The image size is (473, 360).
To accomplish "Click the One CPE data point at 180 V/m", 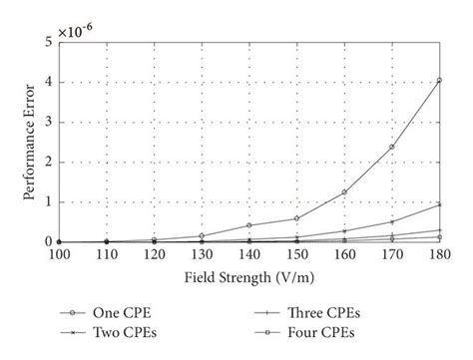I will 439,80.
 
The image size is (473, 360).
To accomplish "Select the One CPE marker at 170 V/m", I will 392,147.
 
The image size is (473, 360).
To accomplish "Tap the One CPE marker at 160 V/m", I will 344,191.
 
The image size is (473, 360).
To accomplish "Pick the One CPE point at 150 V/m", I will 296,218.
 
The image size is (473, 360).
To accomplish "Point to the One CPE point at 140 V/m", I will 248,225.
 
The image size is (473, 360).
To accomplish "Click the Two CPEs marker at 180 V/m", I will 439,203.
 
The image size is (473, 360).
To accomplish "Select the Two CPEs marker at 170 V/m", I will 392,221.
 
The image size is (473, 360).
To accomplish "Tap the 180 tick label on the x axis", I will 439,254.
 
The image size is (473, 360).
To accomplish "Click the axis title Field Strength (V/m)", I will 249,275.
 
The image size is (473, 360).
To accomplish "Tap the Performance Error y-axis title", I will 27,142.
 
